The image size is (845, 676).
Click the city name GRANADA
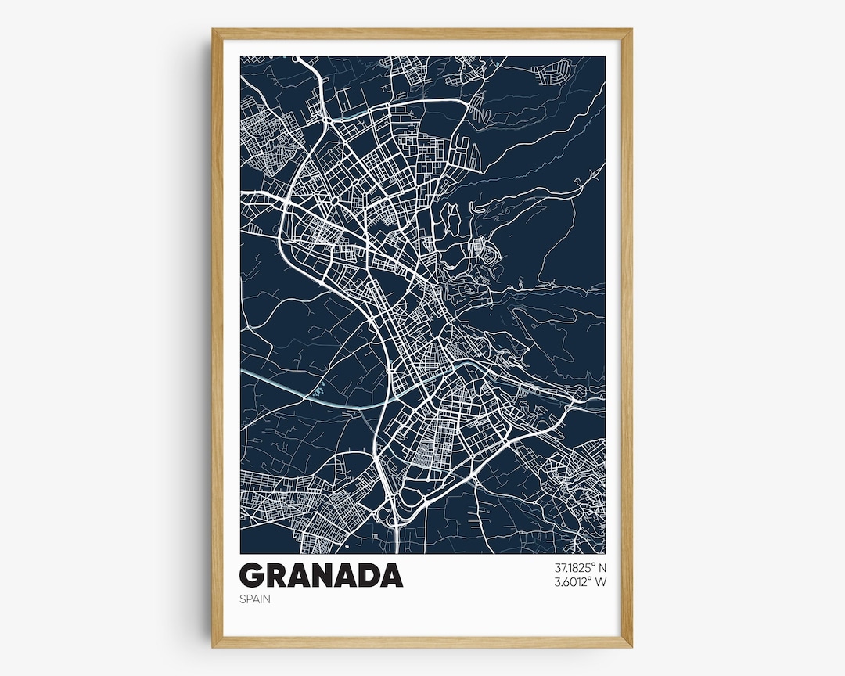321,575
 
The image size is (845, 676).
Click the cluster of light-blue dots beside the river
319,388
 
